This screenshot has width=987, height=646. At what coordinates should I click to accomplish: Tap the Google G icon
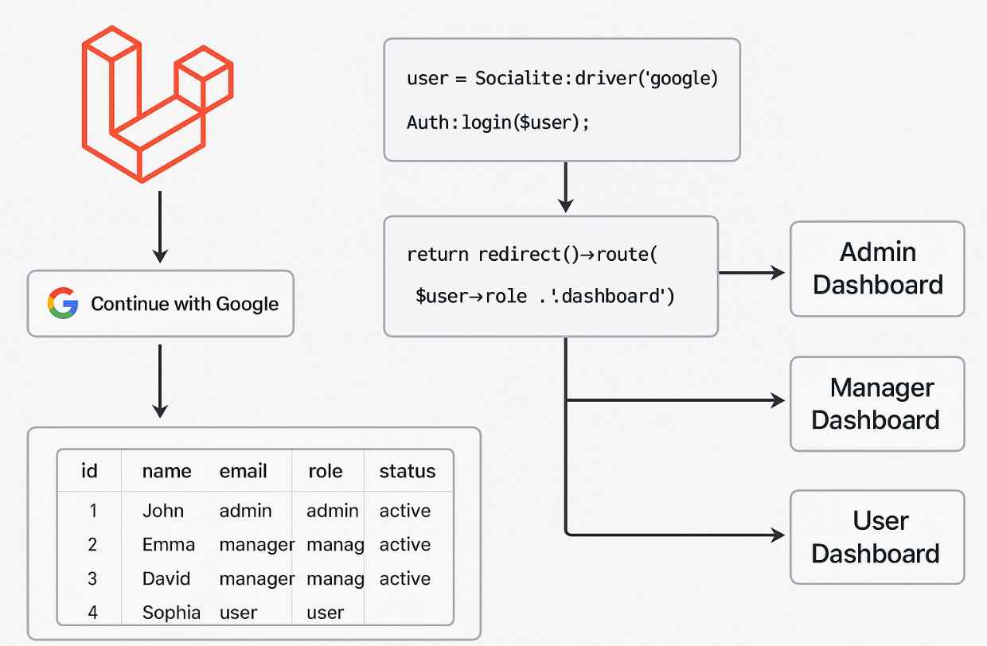[x=63, y=303]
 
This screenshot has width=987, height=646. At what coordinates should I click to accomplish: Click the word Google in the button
[x=248, y=304]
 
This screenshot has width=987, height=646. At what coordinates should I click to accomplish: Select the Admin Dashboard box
[x=877, y=269]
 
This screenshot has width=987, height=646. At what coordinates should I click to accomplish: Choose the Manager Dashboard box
[x=877, y=404]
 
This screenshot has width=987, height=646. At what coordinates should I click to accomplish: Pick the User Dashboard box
[x=877, y=537]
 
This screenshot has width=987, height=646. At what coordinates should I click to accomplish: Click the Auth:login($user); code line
[x=498, y=123]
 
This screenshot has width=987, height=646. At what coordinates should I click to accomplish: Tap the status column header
[x=408, y=471]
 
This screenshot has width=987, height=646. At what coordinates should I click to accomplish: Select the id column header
[x=89, y=471]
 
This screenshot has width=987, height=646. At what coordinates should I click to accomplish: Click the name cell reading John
[x=163, y=511]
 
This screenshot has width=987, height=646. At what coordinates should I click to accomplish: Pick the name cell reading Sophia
[x=171, y=613]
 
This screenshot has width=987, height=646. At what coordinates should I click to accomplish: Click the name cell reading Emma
[x=168, y=545]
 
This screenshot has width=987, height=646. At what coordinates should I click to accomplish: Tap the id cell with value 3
[x=92, y=578]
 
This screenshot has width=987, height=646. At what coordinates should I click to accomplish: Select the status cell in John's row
[x=405, y=511]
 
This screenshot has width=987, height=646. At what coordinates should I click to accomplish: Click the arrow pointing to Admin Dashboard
[x=751, y=273]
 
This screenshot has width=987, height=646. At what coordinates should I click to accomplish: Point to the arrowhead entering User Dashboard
[x=778, y=535]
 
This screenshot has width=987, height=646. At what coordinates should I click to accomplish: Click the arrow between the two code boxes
[x=565, y=188]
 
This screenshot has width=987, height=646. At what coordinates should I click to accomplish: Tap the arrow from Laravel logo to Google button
[x=160, y=227]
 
